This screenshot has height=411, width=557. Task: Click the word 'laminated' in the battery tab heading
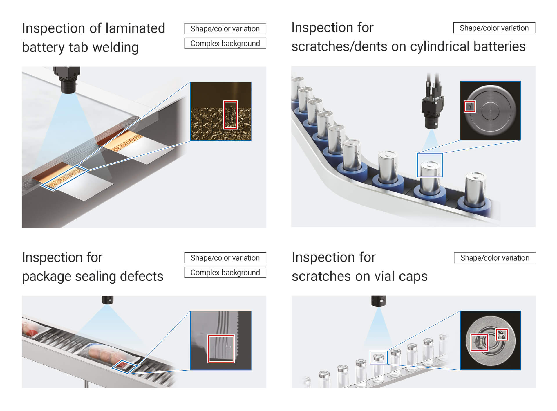[135, 28]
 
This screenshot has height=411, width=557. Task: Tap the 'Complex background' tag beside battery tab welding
[225, 43]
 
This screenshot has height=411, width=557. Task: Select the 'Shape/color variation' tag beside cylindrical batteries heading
[494, 28]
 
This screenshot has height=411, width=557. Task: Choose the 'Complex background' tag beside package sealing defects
[225, 272]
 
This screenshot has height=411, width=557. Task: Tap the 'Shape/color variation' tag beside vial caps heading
[495, 258]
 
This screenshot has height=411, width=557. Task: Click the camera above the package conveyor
[108, 300]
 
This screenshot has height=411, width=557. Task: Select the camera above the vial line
[379, 301]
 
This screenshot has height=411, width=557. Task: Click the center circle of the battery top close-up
[490, 111]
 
